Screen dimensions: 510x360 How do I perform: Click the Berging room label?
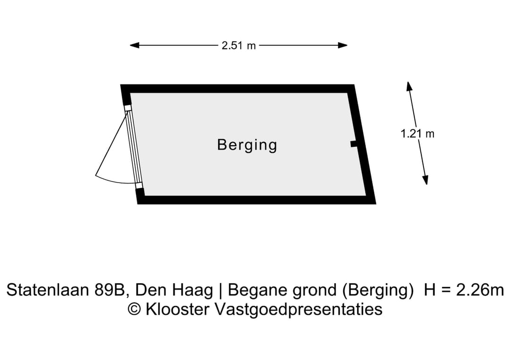247,144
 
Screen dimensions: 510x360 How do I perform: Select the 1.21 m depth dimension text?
417,134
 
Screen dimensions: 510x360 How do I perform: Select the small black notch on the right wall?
353,144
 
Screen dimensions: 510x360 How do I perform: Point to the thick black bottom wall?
255,200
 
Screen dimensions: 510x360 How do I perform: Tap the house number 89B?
111,290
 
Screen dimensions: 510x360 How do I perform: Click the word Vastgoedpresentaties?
298,310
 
